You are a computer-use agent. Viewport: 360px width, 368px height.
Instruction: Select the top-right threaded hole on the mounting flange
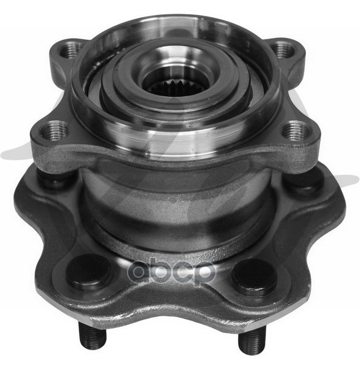(283, 50)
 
